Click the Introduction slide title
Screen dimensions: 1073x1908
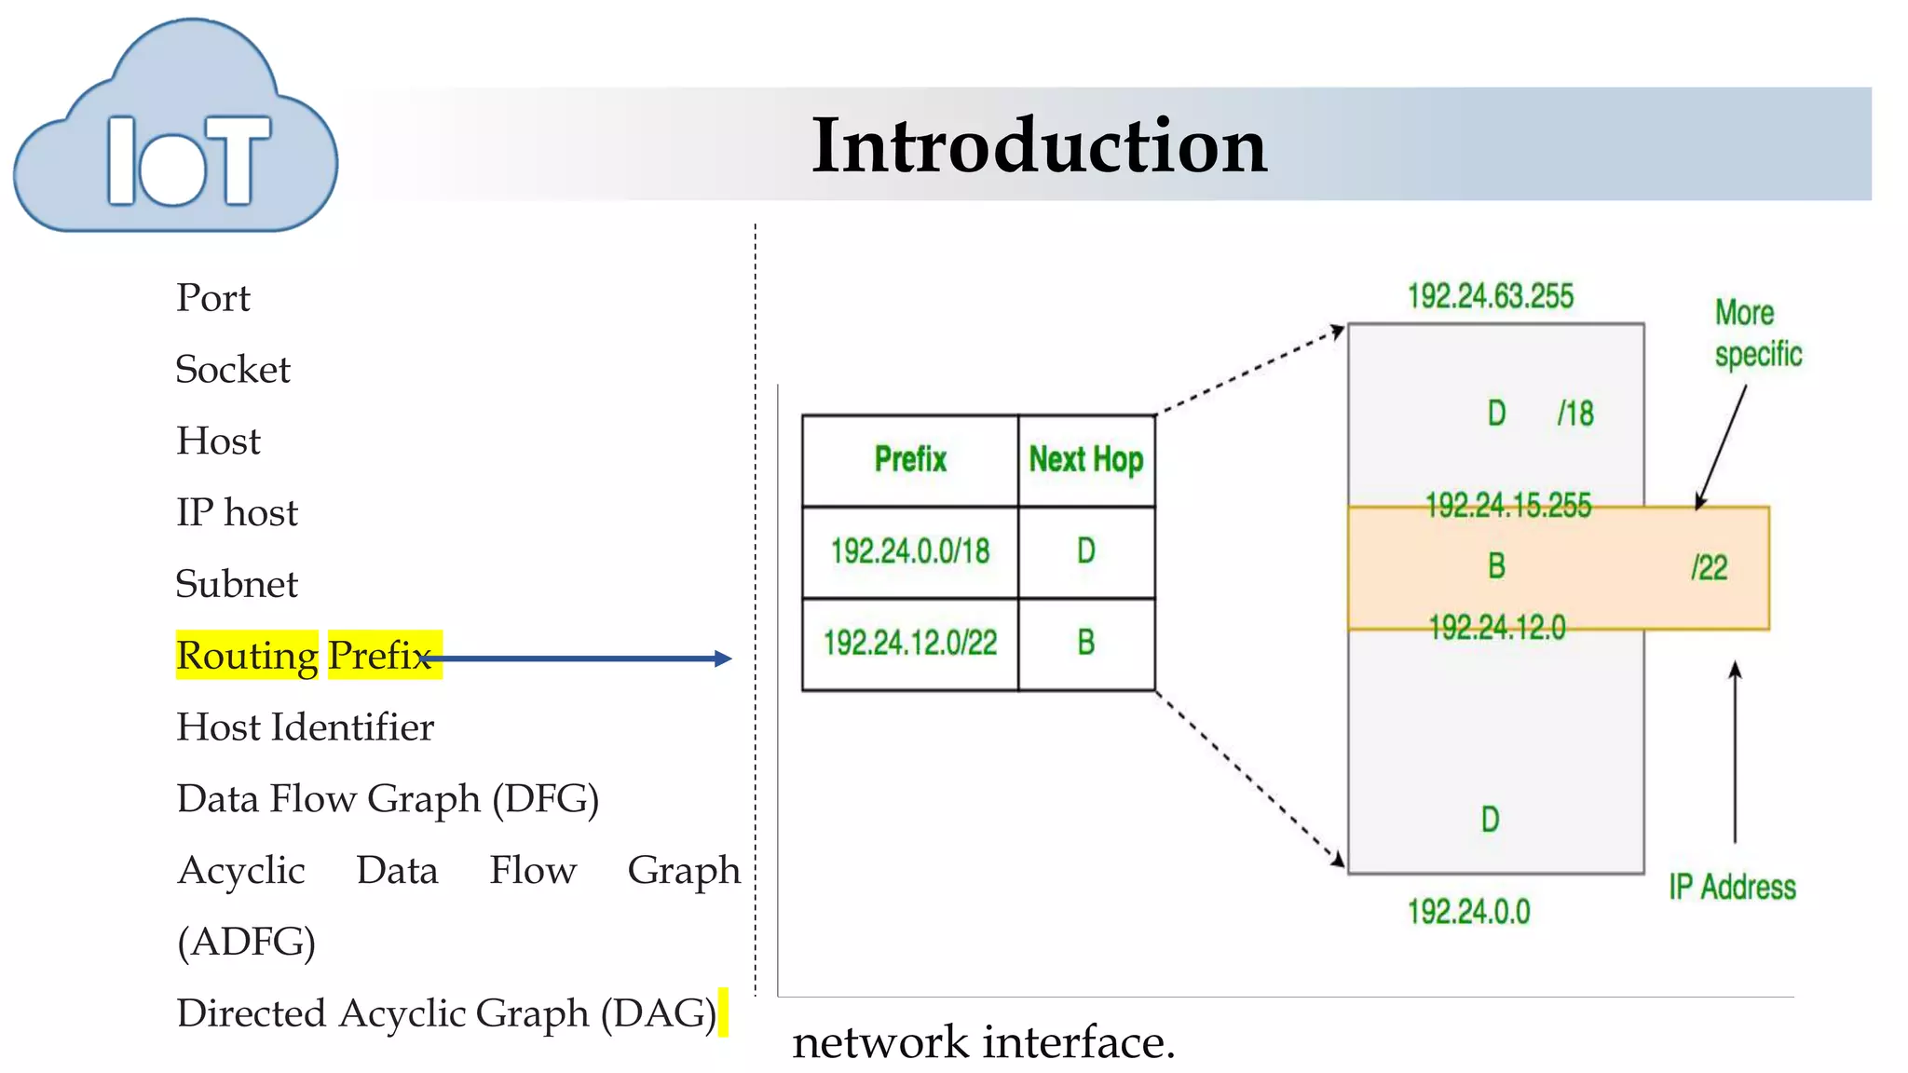point(1039,145)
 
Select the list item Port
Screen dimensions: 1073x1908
point(213,298)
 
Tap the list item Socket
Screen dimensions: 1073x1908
point(233,370)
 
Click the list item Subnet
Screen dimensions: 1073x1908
point(237,584)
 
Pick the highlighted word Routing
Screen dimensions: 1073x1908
point(247,656)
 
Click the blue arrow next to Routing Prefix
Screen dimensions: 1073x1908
point(578,659)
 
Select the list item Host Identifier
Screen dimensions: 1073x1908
point(306,727)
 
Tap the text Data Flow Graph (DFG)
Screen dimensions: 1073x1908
point(388,799)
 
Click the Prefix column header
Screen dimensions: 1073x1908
point(910,459)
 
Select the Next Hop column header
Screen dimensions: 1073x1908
point(1086,459)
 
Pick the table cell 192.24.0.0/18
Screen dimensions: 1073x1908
point(910,550)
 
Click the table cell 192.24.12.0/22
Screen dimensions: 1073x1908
point(910,643)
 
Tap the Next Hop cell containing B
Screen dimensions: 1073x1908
point(1086,643)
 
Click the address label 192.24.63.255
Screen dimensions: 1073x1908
point(1490,296)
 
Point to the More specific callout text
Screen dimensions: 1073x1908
point(1757,333)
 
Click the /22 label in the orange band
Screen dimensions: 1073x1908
point(1710,567)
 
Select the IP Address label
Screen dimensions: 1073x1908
point(1732,887)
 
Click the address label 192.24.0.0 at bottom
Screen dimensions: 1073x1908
point(1468,911)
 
